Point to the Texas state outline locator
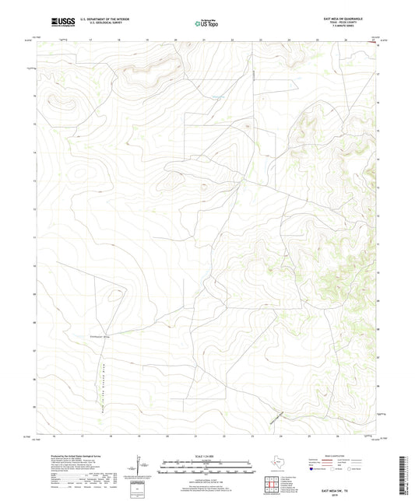point(276,464)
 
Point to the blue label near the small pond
point(219,96)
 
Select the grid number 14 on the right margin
point(378,159)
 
